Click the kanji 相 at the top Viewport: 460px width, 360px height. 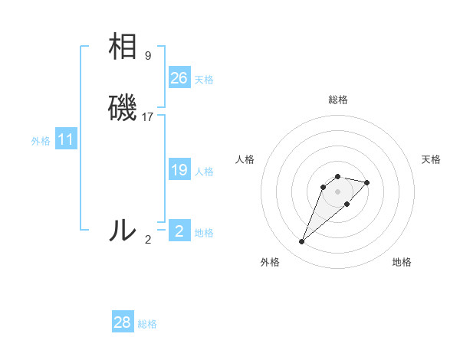point(123,47)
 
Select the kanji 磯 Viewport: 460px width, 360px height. point(123,107)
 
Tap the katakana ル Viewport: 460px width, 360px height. point(123,230)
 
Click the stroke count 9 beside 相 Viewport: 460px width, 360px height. point(148,56)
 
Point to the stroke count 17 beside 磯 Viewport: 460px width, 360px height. point(148,117)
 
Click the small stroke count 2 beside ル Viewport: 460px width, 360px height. point(148,239)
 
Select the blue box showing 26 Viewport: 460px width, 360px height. point(179,77)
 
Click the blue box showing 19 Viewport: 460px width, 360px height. point(179,170)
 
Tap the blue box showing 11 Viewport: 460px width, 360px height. point(65,140)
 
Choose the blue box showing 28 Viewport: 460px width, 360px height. point(123,322)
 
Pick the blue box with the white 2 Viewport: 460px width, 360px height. point(179,231)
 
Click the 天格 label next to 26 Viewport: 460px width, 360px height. point(204,80)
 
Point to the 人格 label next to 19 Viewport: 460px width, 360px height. point(204,172)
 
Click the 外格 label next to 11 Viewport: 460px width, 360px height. point(41,141)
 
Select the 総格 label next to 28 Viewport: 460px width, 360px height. point(147,324)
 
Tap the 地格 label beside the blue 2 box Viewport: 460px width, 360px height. point(204,233)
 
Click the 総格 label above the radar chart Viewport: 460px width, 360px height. point(338,100)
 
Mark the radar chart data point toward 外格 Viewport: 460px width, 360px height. point(301,242)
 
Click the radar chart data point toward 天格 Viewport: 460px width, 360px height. point(367,182)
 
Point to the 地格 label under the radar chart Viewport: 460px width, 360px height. point(402,262)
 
